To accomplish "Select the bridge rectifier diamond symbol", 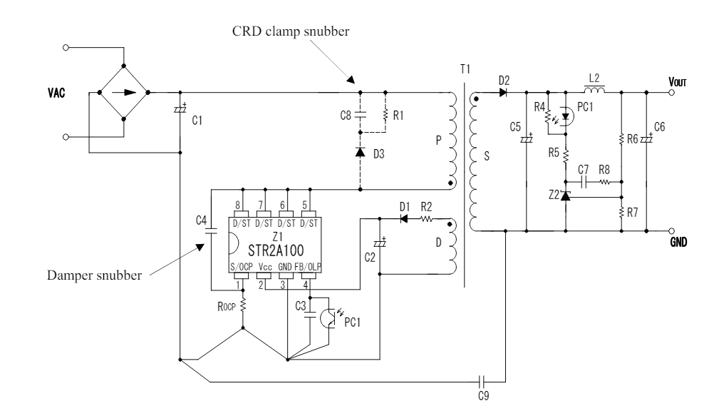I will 122,92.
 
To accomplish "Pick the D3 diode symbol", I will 361,151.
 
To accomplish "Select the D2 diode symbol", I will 503,92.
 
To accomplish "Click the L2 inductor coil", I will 594,91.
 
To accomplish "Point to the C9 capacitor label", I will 485,392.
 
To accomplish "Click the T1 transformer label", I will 465,68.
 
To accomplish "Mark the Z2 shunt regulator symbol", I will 565,195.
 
